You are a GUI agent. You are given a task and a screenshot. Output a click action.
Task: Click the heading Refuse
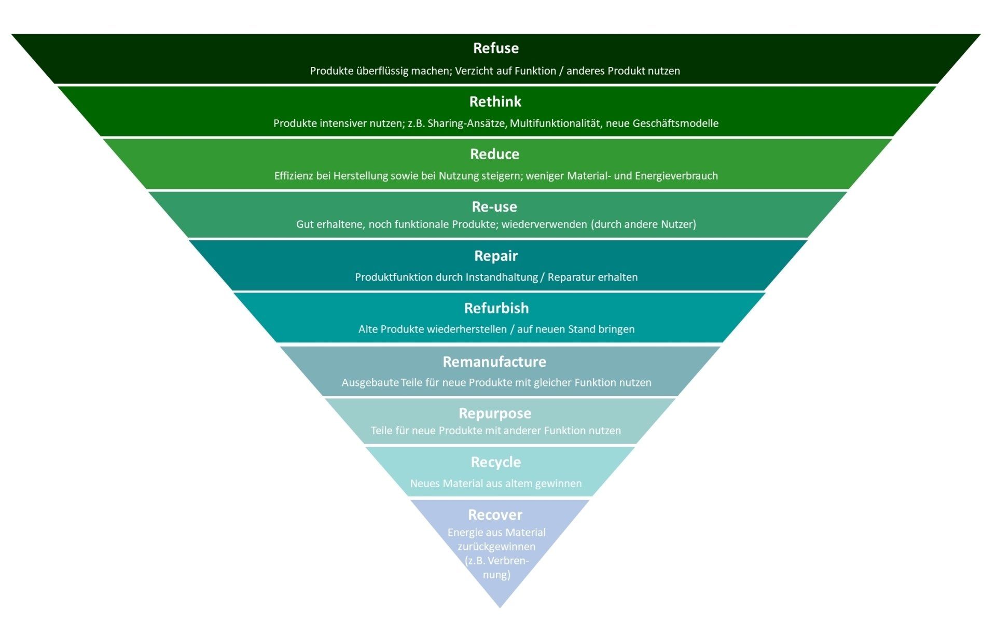point(495,48)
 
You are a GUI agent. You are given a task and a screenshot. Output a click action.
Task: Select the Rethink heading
point(495,102)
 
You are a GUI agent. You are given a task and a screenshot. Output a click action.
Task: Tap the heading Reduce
point(494,154)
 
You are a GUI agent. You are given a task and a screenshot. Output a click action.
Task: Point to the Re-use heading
point(494,207)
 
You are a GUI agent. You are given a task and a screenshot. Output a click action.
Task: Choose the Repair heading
point(495,256)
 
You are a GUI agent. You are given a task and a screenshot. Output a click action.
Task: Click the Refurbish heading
point(496,308)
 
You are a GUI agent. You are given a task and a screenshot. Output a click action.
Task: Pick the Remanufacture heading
point(494,362)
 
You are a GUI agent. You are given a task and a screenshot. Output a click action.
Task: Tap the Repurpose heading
point(494,413)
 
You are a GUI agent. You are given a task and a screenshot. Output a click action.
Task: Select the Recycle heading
point(495,462)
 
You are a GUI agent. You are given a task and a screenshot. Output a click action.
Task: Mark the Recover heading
point(495,515)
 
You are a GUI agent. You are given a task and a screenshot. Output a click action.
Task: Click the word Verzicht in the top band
point(474,71)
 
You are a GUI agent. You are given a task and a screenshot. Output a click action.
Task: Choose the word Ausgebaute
point(370,383)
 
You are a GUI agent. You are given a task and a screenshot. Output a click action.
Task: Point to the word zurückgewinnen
point(496,547)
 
